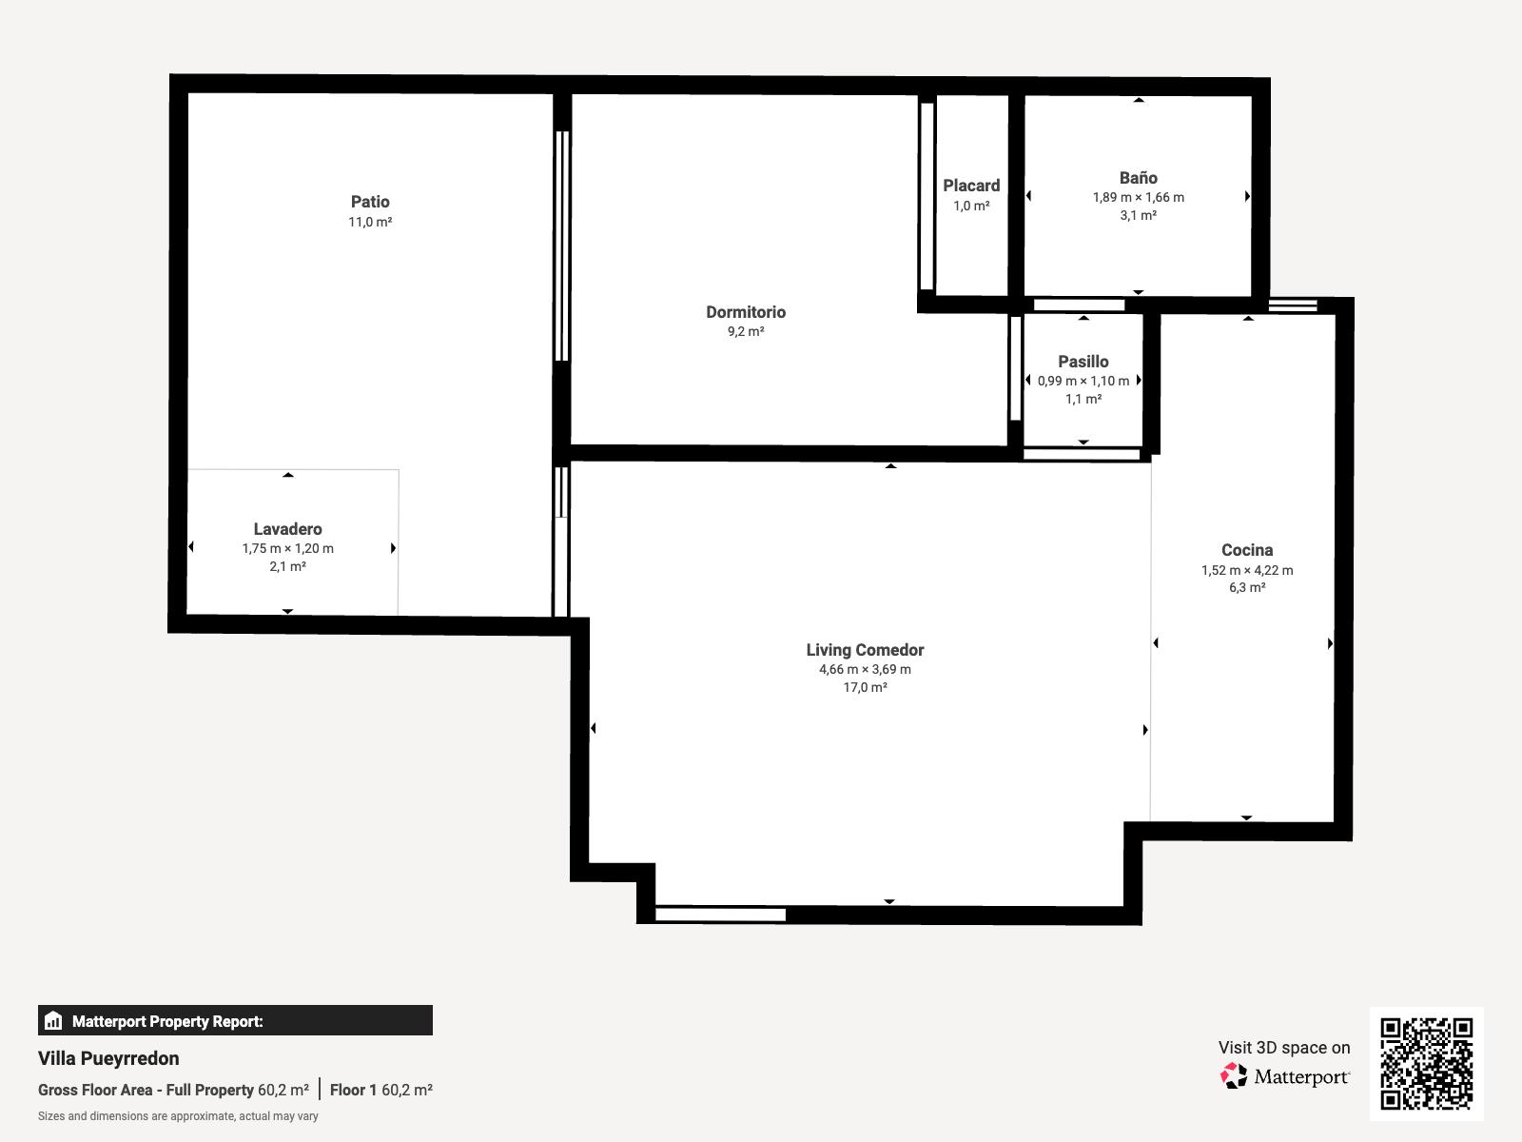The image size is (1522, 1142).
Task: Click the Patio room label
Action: (x=370, y=202)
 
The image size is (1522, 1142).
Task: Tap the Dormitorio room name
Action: (x=746, y=312)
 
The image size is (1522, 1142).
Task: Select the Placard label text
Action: (x=971, y=186)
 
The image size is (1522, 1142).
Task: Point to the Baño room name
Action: (x=1138, y=178)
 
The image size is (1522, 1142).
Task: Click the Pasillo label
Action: (x=1083, y=362)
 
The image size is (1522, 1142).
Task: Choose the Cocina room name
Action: (x=1247, y=550)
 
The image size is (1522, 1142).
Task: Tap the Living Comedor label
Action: (x=865, y=650)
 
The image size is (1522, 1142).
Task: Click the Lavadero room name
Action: (x=288, y=529)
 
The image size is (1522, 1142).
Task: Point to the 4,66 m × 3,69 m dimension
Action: (x=865, y=669)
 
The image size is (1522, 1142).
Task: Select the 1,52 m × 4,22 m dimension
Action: (x=1247, y=570)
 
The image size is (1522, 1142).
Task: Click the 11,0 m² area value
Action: (x=370, y=222)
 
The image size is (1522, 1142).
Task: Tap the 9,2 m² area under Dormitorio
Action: (x=746, y=331)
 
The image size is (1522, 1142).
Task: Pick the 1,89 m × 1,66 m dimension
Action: (x=1138, y=197)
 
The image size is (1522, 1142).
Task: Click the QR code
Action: (x=1426, y=1064)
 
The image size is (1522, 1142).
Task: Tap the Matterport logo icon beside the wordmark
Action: (x=1233, y=1075)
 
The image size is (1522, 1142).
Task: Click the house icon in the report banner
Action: (x=53, y=1020)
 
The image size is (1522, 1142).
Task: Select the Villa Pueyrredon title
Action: (x=108, y=1058)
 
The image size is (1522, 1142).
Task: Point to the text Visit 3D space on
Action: (x=1284, y=1047)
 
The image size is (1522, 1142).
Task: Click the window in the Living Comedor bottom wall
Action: (x=720, y=915)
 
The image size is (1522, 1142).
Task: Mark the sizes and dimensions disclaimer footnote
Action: (x=178, y=1116)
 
